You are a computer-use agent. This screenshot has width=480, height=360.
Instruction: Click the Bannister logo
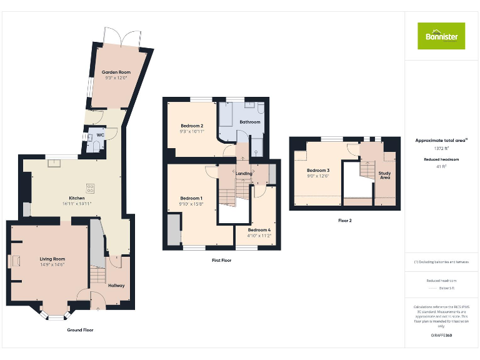pos(441,36)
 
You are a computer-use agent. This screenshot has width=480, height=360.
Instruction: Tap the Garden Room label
pos(116,72)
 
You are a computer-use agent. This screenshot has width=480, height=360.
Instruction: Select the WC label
pos(100,135)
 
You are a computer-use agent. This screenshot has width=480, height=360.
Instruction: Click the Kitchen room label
pos(76,198)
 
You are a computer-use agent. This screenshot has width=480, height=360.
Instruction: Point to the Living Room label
pos(52,259)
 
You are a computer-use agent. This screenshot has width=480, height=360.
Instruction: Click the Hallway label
pos(116,286)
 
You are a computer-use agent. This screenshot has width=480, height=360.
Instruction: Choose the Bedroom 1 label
pos(191,198)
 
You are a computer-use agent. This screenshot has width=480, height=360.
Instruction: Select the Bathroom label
pos(250,122)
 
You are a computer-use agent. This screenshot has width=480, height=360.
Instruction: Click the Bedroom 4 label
pos(259,230)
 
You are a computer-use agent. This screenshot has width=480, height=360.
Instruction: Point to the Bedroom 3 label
pos(318,171)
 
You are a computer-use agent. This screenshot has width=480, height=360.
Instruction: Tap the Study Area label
pos(385,175)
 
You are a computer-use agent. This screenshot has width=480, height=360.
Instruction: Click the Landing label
pos(244,173)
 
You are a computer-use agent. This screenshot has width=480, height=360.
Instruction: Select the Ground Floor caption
pos(80,329)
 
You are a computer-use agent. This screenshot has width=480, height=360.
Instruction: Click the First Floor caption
pos(221,260)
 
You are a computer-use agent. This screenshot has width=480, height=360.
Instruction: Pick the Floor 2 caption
pos(345,221)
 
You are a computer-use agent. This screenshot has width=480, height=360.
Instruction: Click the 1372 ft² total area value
pos(441,149)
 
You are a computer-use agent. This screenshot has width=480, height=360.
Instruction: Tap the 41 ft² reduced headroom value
pos(441,166)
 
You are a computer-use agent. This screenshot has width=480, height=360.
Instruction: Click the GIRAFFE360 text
pos(441,336)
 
